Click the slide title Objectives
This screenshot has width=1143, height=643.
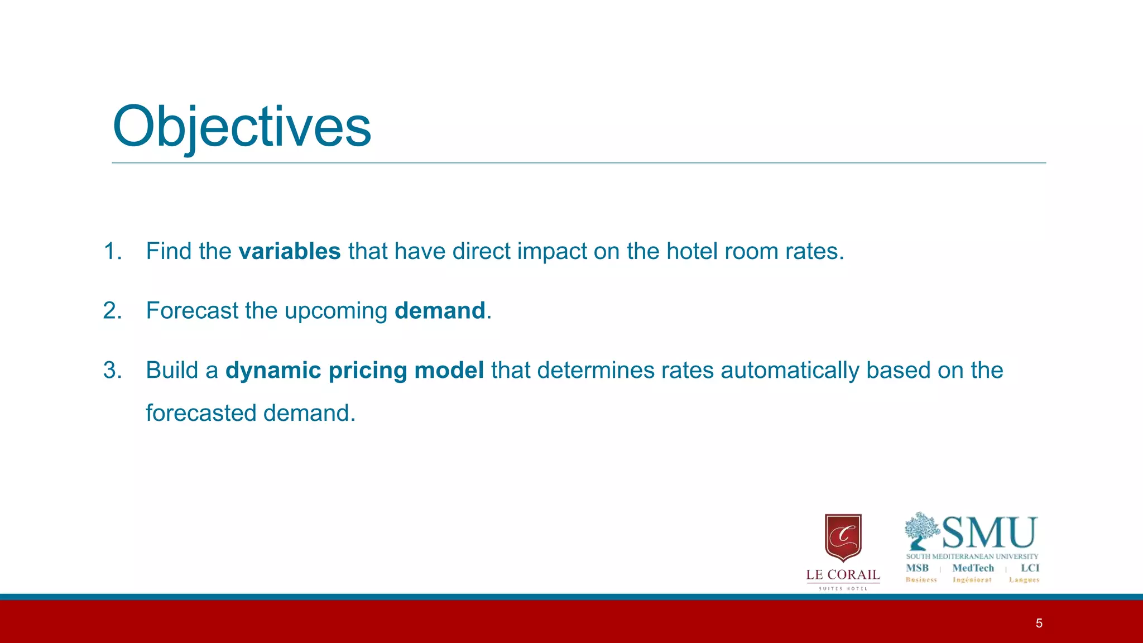click(242, 127)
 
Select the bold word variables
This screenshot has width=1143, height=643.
click(289, 251)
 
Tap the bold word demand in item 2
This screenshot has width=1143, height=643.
click(440, 311)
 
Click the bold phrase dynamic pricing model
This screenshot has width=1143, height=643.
click(354, 371)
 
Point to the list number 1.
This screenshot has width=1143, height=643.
click(112, 251)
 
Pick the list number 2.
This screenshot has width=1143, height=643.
click(112, 311)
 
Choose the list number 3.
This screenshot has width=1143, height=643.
click(112, 371)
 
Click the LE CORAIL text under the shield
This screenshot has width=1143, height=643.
click(843, 575)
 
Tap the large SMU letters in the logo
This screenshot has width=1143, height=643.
click(989, 533)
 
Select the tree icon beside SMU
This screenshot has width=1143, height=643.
click(921, 530)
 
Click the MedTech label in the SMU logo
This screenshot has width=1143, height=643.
click(973, 568)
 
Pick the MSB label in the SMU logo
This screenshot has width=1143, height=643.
click(917, 568)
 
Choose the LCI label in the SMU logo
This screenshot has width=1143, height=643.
click(1030, 568)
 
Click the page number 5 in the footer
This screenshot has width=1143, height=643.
click(1039, 623)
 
